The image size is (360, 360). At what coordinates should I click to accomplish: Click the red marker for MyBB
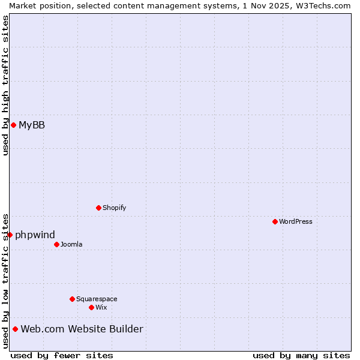(13, 125)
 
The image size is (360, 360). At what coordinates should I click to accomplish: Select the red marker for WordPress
(275, 221)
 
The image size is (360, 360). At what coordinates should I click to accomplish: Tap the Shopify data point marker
(98, 208)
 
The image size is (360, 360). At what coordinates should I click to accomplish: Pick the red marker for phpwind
(10, 235)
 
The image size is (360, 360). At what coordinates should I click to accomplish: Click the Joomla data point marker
(56, 244)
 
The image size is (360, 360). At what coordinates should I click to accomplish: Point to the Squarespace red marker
(72, 299)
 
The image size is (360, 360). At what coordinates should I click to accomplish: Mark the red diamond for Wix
(91, 307)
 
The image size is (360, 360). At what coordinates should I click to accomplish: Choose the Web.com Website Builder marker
(15, 329)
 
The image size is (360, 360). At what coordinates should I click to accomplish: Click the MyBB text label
(32, 125)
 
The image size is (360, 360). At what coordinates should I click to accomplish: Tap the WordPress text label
(296, 221)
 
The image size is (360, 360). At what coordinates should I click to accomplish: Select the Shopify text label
(114, 208)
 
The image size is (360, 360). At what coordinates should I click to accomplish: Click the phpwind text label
(35, 235)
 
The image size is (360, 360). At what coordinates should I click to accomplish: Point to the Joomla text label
(71, 244)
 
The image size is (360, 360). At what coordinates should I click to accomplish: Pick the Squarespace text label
(97, 299)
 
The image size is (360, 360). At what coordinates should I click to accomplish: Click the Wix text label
(101, 307)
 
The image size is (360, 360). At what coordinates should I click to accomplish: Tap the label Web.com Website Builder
(82, 329)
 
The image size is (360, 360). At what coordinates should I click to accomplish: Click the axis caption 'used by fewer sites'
(62, 355)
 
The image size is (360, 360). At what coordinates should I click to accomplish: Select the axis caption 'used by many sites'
(301, 355)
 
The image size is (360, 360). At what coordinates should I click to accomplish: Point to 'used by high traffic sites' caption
(5, 85)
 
